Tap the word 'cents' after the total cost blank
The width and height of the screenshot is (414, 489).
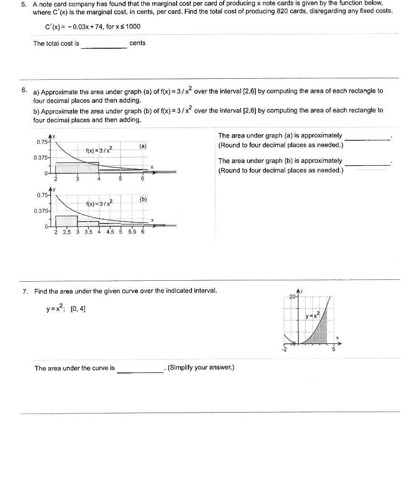[138, 43]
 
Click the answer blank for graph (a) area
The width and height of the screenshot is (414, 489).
[367, 138]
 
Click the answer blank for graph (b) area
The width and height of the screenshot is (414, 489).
[367, 163]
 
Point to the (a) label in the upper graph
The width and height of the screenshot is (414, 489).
[143, 146]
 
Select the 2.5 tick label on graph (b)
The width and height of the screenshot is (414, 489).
[67, 232]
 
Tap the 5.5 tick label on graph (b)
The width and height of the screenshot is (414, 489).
[132, 232]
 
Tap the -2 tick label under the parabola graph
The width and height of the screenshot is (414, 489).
[285, 349]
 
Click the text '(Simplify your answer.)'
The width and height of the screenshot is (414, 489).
[201, 368]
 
